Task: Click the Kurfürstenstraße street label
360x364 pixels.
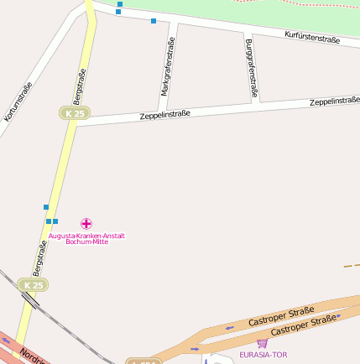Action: tap(312, 37)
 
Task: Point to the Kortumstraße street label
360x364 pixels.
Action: tap(18, 102)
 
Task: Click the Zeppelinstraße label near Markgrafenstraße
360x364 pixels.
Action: tap(165, 114)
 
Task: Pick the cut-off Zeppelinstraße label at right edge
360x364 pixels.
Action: tap(335, 101)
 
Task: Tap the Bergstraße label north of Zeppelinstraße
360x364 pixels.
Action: tap(81, 88)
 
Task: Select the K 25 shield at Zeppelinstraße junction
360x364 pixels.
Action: tap(75, 113)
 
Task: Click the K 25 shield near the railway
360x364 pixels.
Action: tap(33, 285)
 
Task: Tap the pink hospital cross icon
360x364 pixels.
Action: tap(86, 224)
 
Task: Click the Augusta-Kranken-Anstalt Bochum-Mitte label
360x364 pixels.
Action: tap(86, 238)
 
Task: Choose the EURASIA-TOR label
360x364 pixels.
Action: tap(263, 355)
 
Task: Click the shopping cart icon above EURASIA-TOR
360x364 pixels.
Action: tap(263, 343)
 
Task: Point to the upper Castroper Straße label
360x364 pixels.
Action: tap(281, 316)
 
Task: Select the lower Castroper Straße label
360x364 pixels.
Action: tap(305, 326)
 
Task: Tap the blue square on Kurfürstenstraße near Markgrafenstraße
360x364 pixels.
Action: tap(154, 20)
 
